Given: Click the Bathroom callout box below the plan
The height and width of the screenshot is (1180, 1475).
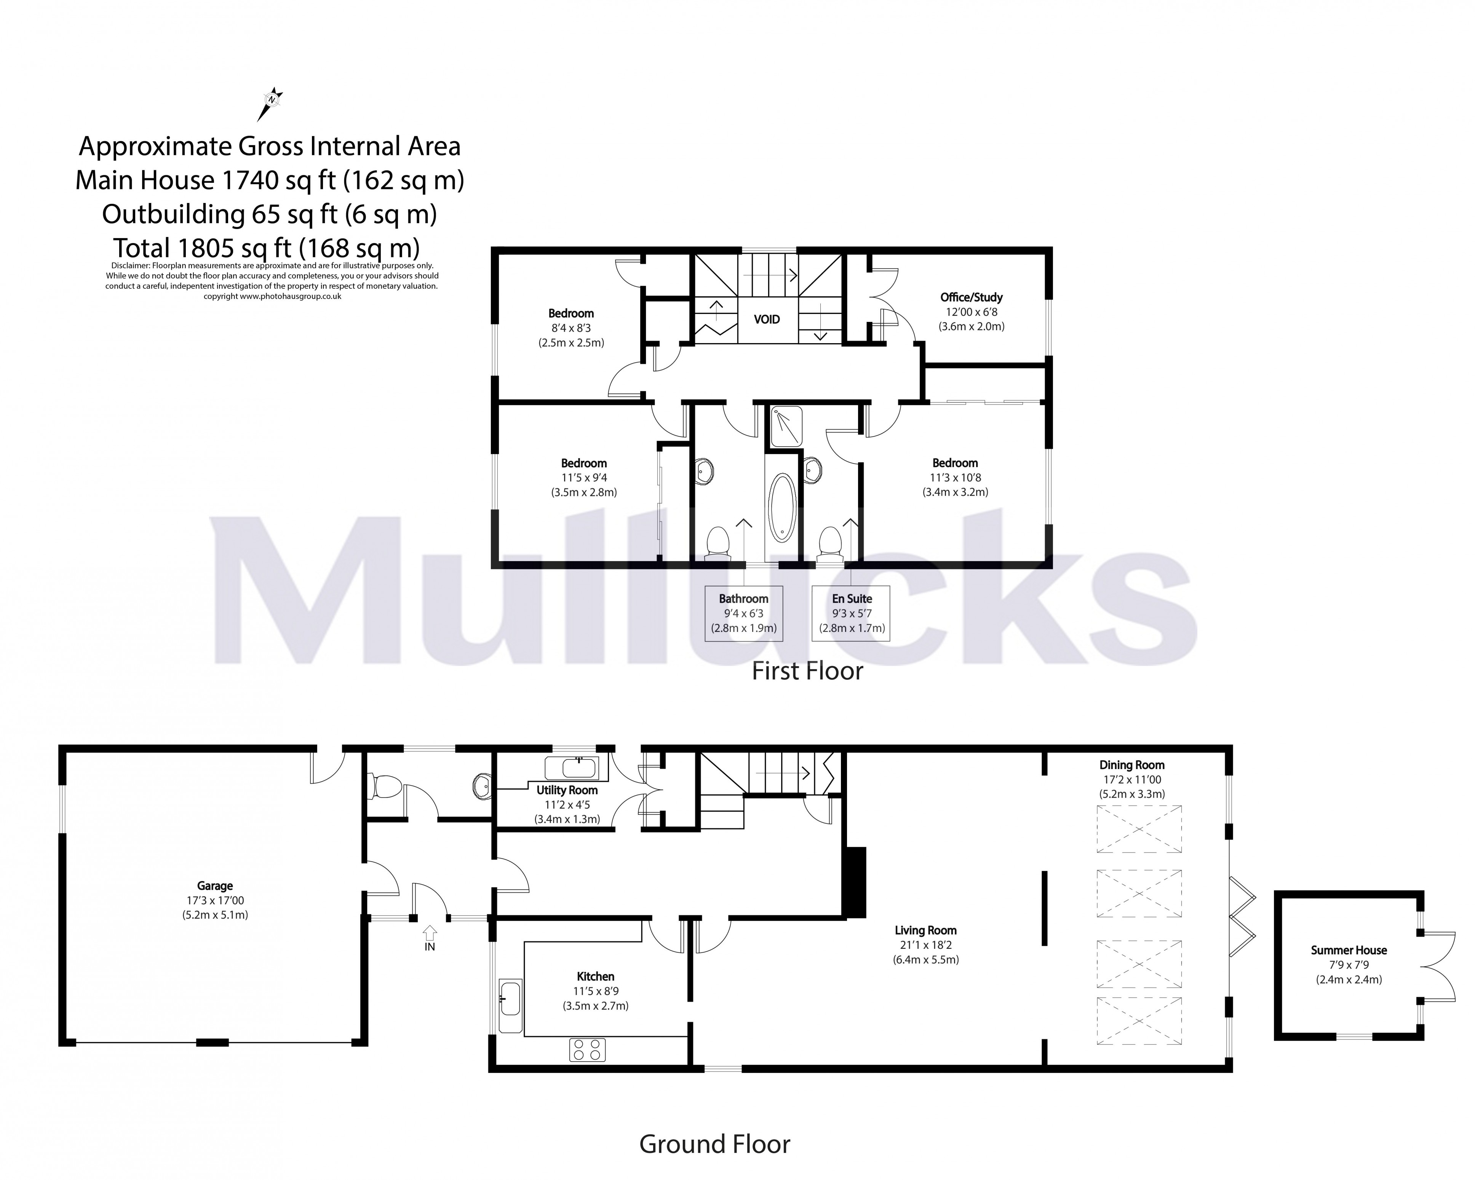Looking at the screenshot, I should point(744,613).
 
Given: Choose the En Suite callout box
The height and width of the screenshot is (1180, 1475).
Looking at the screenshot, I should point(851,613).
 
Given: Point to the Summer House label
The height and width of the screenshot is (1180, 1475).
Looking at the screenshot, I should point(1349,950).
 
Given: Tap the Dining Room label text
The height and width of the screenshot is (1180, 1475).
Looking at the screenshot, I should point(1131,765).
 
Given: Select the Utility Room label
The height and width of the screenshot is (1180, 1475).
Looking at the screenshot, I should point(566,790).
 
